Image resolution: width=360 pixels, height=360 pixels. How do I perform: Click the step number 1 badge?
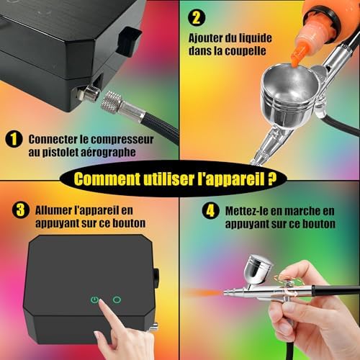coord(14,139)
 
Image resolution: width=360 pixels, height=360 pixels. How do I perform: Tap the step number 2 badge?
coord(197,17)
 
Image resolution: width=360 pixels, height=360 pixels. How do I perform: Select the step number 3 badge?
coord(21,210)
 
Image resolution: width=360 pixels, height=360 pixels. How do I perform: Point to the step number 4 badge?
coord(210,211)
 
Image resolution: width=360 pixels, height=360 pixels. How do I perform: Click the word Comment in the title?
coord(107,179)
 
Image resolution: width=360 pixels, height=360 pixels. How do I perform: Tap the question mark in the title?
coord(271,179)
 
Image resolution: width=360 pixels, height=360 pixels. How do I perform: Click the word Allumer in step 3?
coord(53,210)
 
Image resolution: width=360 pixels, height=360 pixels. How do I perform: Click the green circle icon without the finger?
coord(117,300)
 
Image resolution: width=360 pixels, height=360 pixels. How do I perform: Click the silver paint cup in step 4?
coord(258,269)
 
